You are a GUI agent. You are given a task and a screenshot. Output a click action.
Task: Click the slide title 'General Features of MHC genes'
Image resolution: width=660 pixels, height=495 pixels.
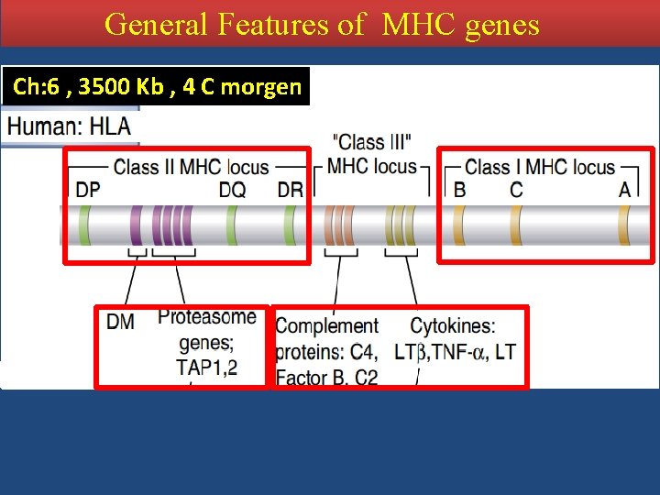coord(323,24)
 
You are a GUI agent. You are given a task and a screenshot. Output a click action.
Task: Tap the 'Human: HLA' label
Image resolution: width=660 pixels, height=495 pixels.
coord(69,126)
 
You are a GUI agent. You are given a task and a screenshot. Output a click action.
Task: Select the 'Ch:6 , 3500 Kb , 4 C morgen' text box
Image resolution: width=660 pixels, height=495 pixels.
coord(157,87)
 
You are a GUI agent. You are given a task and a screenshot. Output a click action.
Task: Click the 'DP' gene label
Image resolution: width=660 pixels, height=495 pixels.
coord(88,189)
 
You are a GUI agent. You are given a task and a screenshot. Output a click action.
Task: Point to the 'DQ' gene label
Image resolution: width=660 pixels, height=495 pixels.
coord(232,189)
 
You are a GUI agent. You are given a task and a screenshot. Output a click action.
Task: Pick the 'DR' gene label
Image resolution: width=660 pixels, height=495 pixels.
coord(290,189)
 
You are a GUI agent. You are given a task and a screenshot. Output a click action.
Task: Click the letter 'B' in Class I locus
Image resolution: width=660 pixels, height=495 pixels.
coord(460,189)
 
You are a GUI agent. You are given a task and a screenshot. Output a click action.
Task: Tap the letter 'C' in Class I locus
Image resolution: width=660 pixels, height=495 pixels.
coord(516,189)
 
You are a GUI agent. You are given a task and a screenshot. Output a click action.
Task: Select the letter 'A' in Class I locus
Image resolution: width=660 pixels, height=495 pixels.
coord(625,189)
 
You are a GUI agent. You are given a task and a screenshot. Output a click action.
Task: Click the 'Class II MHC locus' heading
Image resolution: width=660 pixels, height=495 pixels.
coord(191,167)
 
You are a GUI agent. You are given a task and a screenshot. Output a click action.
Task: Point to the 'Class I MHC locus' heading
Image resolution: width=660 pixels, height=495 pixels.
coord(540,167)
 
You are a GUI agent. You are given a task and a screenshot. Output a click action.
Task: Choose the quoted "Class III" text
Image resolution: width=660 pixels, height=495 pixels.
coord(374,143)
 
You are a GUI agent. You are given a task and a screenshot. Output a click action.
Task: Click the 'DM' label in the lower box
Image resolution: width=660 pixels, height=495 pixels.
coord(120,322)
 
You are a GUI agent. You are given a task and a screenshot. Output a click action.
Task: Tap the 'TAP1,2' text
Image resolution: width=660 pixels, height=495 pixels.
coord(207,366)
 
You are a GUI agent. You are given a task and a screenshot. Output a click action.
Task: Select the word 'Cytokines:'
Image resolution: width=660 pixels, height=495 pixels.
coord(453,326)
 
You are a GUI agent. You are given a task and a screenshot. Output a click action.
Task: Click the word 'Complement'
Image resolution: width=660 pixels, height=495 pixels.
coord(327,326)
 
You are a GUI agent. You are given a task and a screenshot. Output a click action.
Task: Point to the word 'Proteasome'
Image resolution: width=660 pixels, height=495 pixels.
coord(207,317)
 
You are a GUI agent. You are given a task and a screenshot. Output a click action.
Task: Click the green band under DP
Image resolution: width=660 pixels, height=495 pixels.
coord(85,225)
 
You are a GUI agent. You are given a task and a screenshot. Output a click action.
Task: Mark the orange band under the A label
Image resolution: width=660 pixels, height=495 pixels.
coord(624,225)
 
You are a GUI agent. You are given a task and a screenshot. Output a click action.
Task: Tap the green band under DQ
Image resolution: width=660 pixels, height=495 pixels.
coord(232,225)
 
